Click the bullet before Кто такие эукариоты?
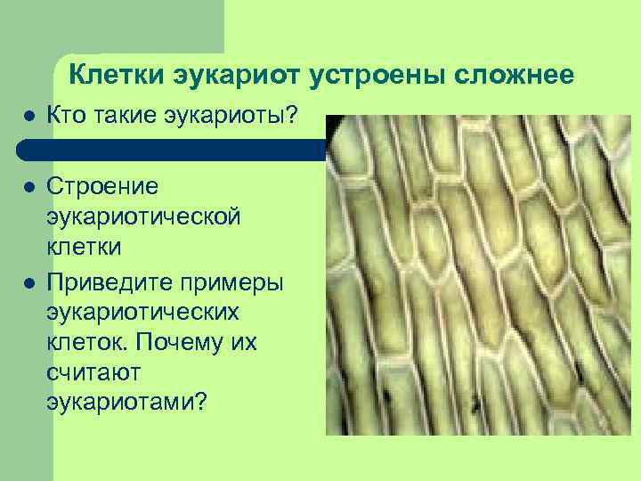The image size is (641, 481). pos(28,117)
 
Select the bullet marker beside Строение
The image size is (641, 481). pos(28,189)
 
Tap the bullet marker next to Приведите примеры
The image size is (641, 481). pos(28,283)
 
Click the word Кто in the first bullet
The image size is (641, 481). pos(65,116)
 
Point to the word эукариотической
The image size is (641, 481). pos(142,217)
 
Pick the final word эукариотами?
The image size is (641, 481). pos(126,403)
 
